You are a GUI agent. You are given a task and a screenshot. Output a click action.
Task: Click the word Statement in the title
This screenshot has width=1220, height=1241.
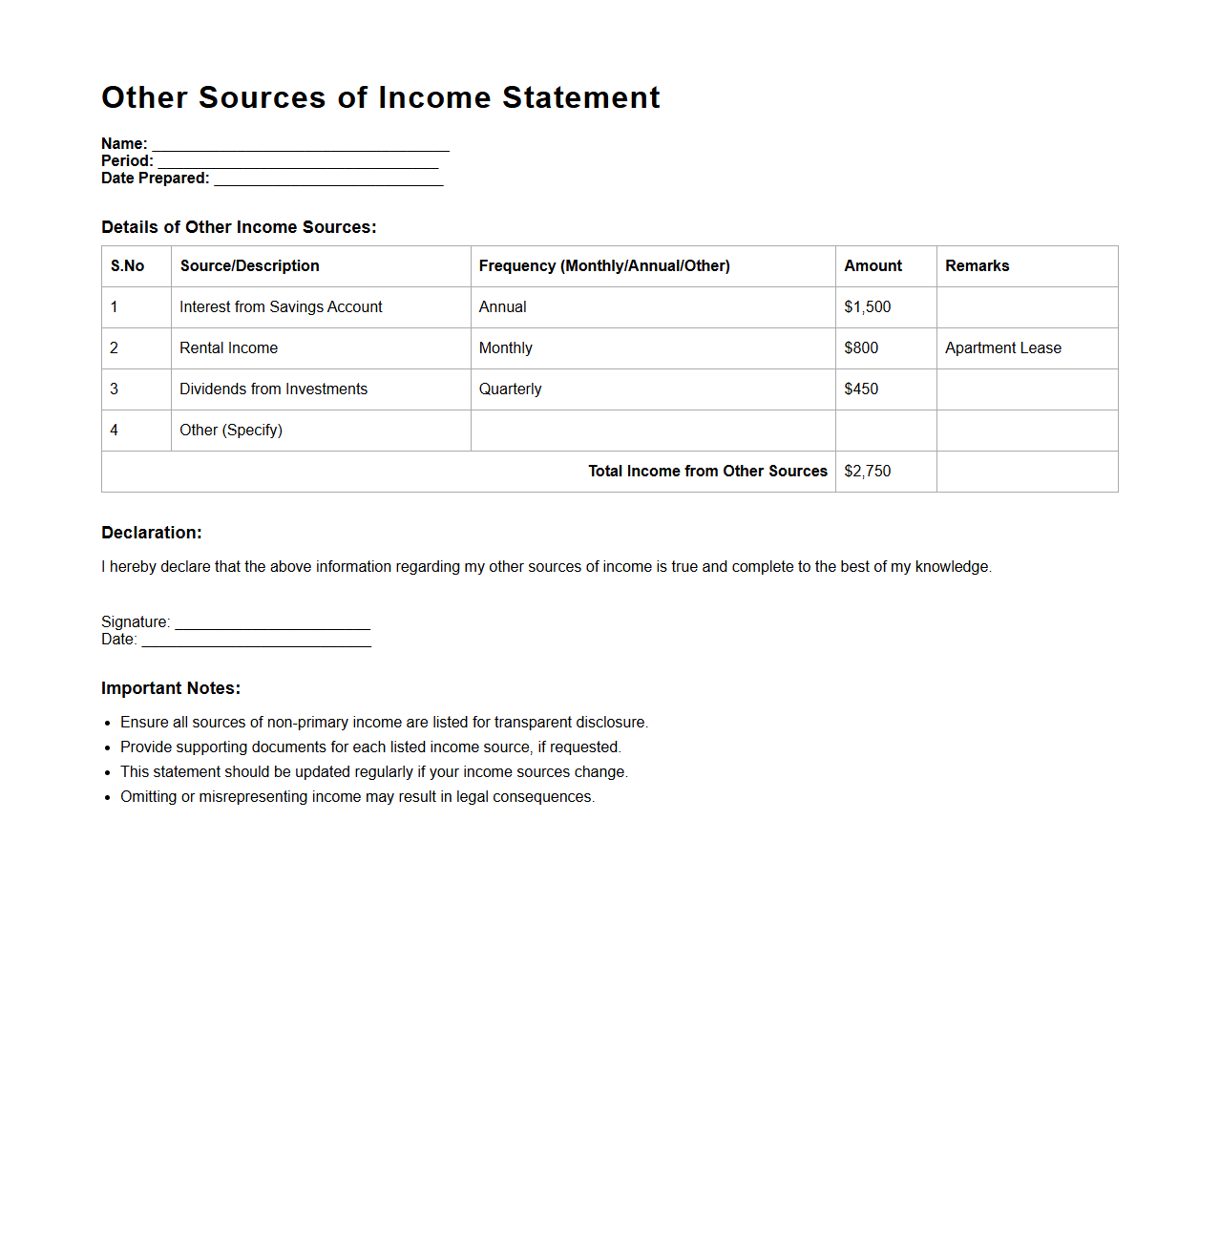tap(580, 97)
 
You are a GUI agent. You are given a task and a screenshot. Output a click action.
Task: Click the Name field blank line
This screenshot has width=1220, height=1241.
tap(301, 145)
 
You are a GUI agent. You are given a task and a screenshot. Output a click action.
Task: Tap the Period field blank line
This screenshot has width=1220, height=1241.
tap(298, 162)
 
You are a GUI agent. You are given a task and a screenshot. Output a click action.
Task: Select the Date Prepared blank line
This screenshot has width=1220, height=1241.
tap(328, 179)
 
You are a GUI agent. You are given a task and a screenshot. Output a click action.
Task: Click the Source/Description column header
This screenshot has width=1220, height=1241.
tap(249, 266)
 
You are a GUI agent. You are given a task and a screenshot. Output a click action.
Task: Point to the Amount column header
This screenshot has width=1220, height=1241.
tap(873, 266)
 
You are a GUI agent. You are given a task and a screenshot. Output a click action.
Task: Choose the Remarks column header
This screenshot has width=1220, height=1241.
tap(977, 266)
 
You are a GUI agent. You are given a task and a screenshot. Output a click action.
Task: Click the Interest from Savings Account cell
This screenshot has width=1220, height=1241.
tap(281, 307)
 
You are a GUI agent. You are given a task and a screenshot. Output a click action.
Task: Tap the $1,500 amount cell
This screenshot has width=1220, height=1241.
tap(867, 307)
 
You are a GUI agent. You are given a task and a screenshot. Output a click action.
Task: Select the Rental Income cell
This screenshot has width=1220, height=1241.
tap(228, 348)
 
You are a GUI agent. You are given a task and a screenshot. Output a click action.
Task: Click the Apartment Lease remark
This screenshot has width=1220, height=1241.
tap(1002, 348)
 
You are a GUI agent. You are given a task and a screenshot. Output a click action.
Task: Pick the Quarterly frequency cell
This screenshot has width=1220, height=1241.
tap(510, 389)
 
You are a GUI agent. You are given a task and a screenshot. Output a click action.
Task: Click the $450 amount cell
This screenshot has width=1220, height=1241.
tap(861, 389)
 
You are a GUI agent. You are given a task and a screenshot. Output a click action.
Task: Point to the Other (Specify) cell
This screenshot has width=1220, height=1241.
tap(231, 431)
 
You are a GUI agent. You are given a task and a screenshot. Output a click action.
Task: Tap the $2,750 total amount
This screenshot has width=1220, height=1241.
tap(867, 472)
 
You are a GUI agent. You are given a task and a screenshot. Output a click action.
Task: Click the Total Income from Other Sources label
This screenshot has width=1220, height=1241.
tap(707, 472)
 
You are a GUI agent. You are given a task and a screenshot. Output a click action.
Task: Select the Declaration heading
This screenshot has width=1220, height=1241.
tap(152, 533)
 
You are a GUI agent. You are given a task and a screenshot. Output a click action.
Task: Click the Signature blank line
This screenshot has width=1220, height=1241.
tap(272, 624)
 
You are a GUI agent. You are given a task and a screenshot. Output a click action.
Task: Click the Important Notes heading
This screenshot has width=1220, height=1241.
tap(171, 688)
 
